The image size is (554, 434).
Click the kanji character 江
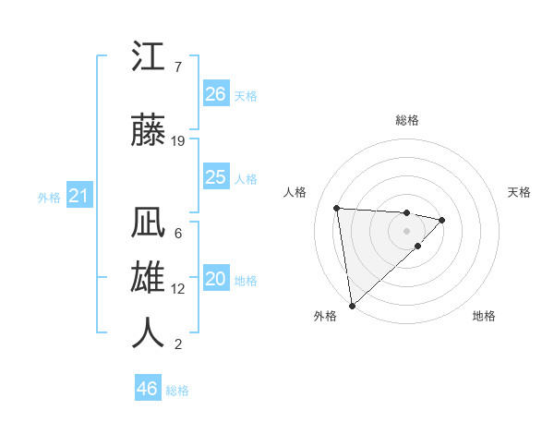149,58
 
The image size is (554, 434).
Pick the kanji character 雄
149,278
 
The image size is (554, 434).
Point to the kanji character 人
149,332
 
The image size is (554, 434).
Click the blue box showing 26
215,94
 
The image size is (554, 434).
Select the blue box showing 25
215,177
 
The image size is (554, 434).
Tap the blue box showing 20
215,280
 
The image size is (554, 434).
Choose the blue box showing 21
78,196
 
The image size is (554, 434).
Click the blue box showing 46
147,389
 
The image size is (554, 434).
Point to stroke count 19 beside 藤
178,141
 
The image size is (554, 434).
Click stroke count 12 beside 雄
178,288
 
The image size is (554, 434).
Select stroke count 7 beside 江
177,67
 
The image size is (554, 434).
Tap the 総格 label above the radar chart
407,120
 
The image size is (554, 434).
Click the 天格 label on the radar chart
520,192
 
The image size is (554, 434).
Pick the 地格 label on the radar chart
484,316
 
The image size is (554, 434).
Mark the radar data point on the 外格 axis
352,305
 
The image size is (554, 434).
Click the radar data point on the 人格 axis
337,207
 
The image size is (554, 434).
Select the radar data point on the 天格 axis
442,220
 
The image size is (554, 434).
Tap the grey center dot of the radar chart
406,231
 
